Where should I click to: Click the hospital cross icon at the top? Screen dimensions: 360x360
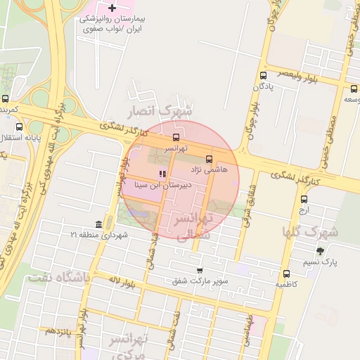point(112,8)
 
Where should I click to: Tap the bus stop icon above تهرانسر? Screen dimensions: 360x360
point(176,138)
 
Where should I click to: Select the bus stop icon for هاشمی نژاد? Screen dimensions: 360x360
point(209,159)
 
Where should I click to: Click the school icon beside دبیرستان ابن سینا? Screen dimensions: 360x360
point(162,174)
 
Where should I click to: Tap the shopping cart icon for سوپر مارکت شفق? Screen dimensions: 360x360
point(200,270)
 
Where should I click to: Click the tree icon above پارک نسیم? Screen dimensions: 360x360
point(321,251)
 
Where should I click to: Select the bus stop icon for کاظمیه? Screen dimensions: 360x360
point(286,274)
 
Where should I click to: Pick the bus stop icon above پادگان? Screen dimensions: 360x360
point(263,75)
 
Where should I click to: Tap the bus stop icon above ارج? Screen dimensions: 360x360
point(304,198)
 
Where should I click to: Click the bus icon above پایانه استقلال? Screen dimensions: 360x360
point(19,127)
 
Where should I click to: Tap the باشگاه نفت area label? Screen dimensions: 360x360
point(59,278)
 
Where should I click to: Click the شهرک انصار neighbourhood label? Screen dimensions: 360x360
point(157,110)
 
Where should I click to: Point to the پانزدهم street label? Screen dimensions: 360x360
point(60,330)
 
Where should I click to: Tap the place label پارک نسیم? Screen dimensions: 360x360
point(325,262)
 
